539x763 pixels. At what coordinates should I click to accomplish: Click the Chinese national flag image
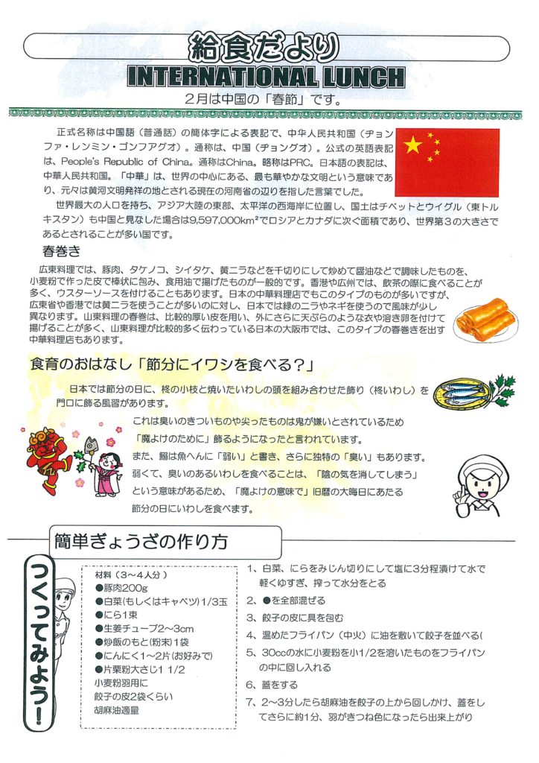(447, 162)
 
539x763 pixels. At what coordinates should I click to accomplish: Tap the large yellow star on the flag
(413, 145)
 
